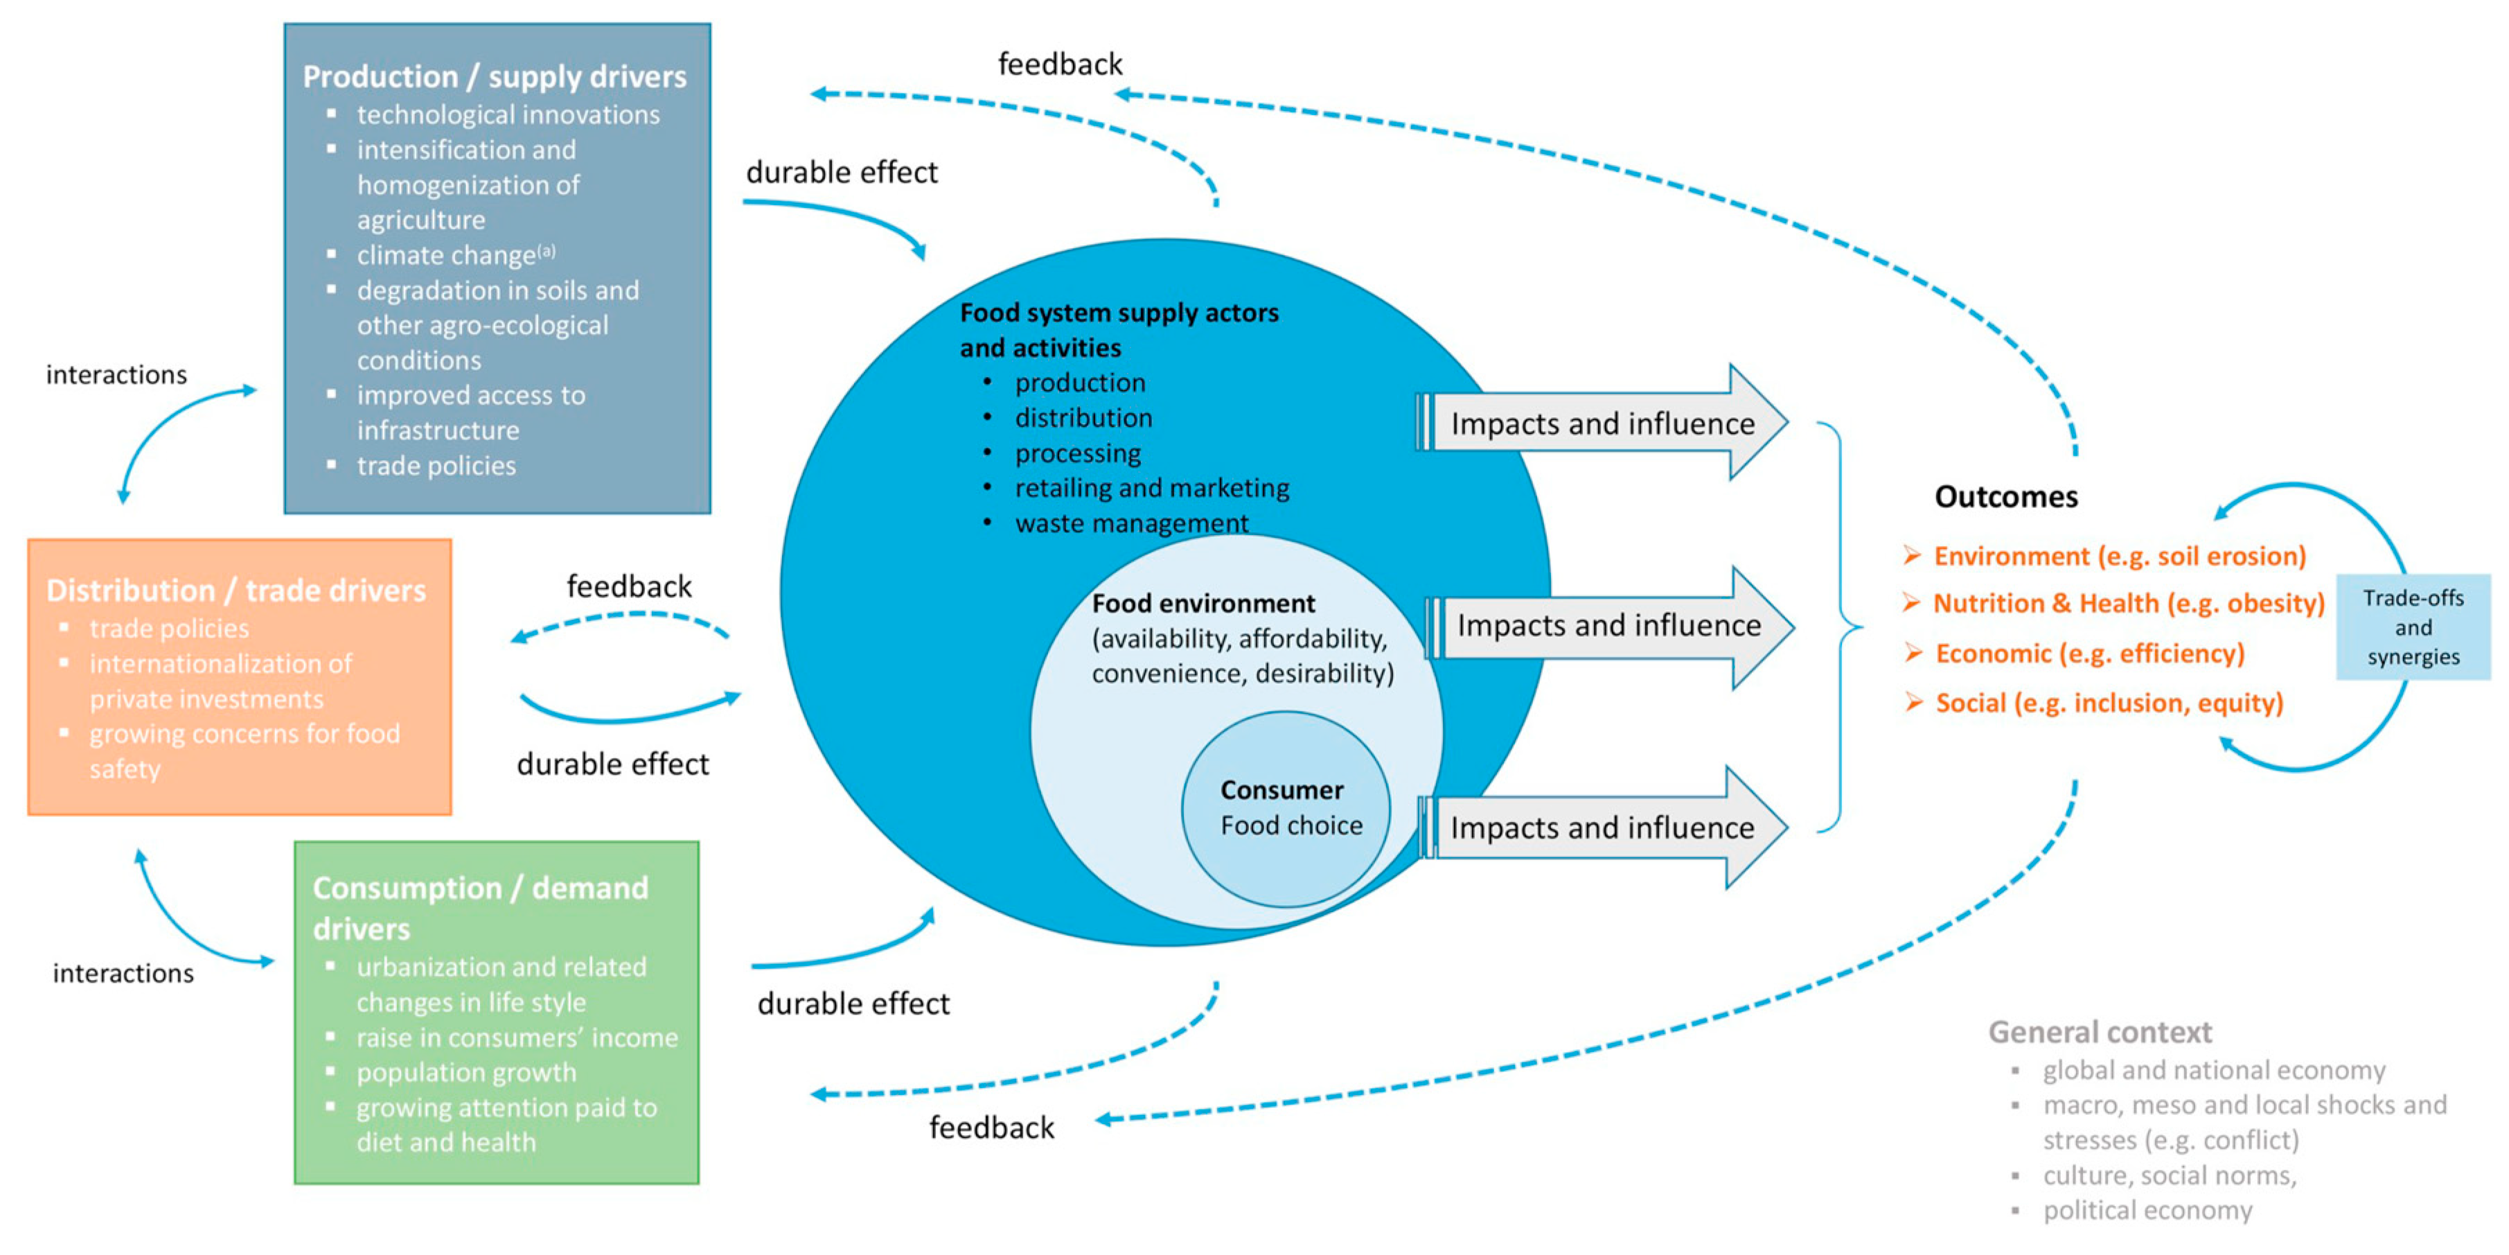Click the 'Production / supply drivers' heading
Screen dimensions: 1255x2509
coord(494,76)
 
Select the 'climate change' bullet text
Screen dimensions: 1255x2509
coord(446,255)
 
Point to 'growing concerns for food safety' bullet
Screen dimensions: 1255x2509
coord(244,751)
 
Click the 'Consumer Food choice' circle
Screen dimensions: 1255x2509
coord(1286,809)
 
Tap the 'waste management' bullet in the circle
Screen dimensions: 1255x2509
coord(1131,523)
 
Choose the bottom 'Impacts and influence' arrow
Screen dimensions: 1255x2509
coord(1602,827)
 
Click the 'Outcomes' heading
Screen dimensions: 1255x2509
coord(2005,497)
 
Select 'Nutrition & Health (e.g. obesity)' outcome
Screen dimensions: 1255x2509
coord(2128,604)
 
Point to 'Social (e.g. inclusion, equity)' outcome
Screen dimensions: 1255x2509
coord(2109,703)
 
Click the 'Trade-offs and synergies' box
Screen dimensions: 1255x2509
coord(2413,628)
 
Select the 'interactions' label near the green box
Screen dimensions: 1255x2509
coord(123,974)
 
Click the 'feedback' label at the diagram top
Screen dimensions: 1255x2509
coord(1060,64)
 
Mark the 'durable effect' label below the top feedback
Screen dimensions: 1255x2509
coord(842,173)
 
